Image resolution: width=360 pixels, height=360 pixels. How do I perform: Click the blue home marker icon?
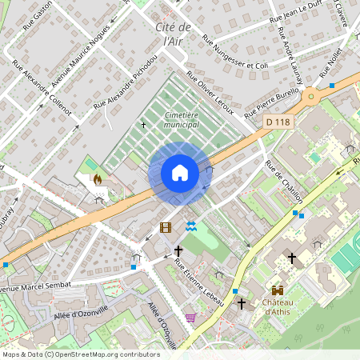pyautogui.click(x=180, y=173)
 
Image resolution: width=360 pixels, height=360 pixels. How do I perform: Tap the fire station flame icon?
pyautogui.click(x=98, y=180)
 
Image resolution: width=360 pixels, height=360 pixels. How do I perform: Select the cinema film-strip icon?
pyautogui.click(x=166, y=227)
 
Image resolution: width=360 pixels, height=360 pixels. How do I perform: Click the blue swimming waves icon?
pyautogui.click(x=190, y=227)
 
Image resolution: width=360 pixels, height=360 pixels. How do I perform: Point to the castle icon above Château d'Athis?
pyautogui.click(x=277, y=290)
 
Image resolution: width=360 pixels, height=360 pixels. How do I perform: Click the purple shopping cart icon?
pyautogui.click(x=190, y=318)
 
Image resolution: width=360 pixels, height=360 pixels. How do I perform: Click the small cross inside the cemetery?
pyautogui.click(x=144, y=125)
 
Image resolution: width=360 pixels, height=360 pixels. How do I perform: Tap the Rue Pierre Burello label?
pyautogui.click(x=271, y=101)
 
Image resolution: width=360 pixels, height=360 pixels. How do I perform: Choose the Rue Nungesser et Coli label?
pyautogui.click(x=235, y=52)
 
